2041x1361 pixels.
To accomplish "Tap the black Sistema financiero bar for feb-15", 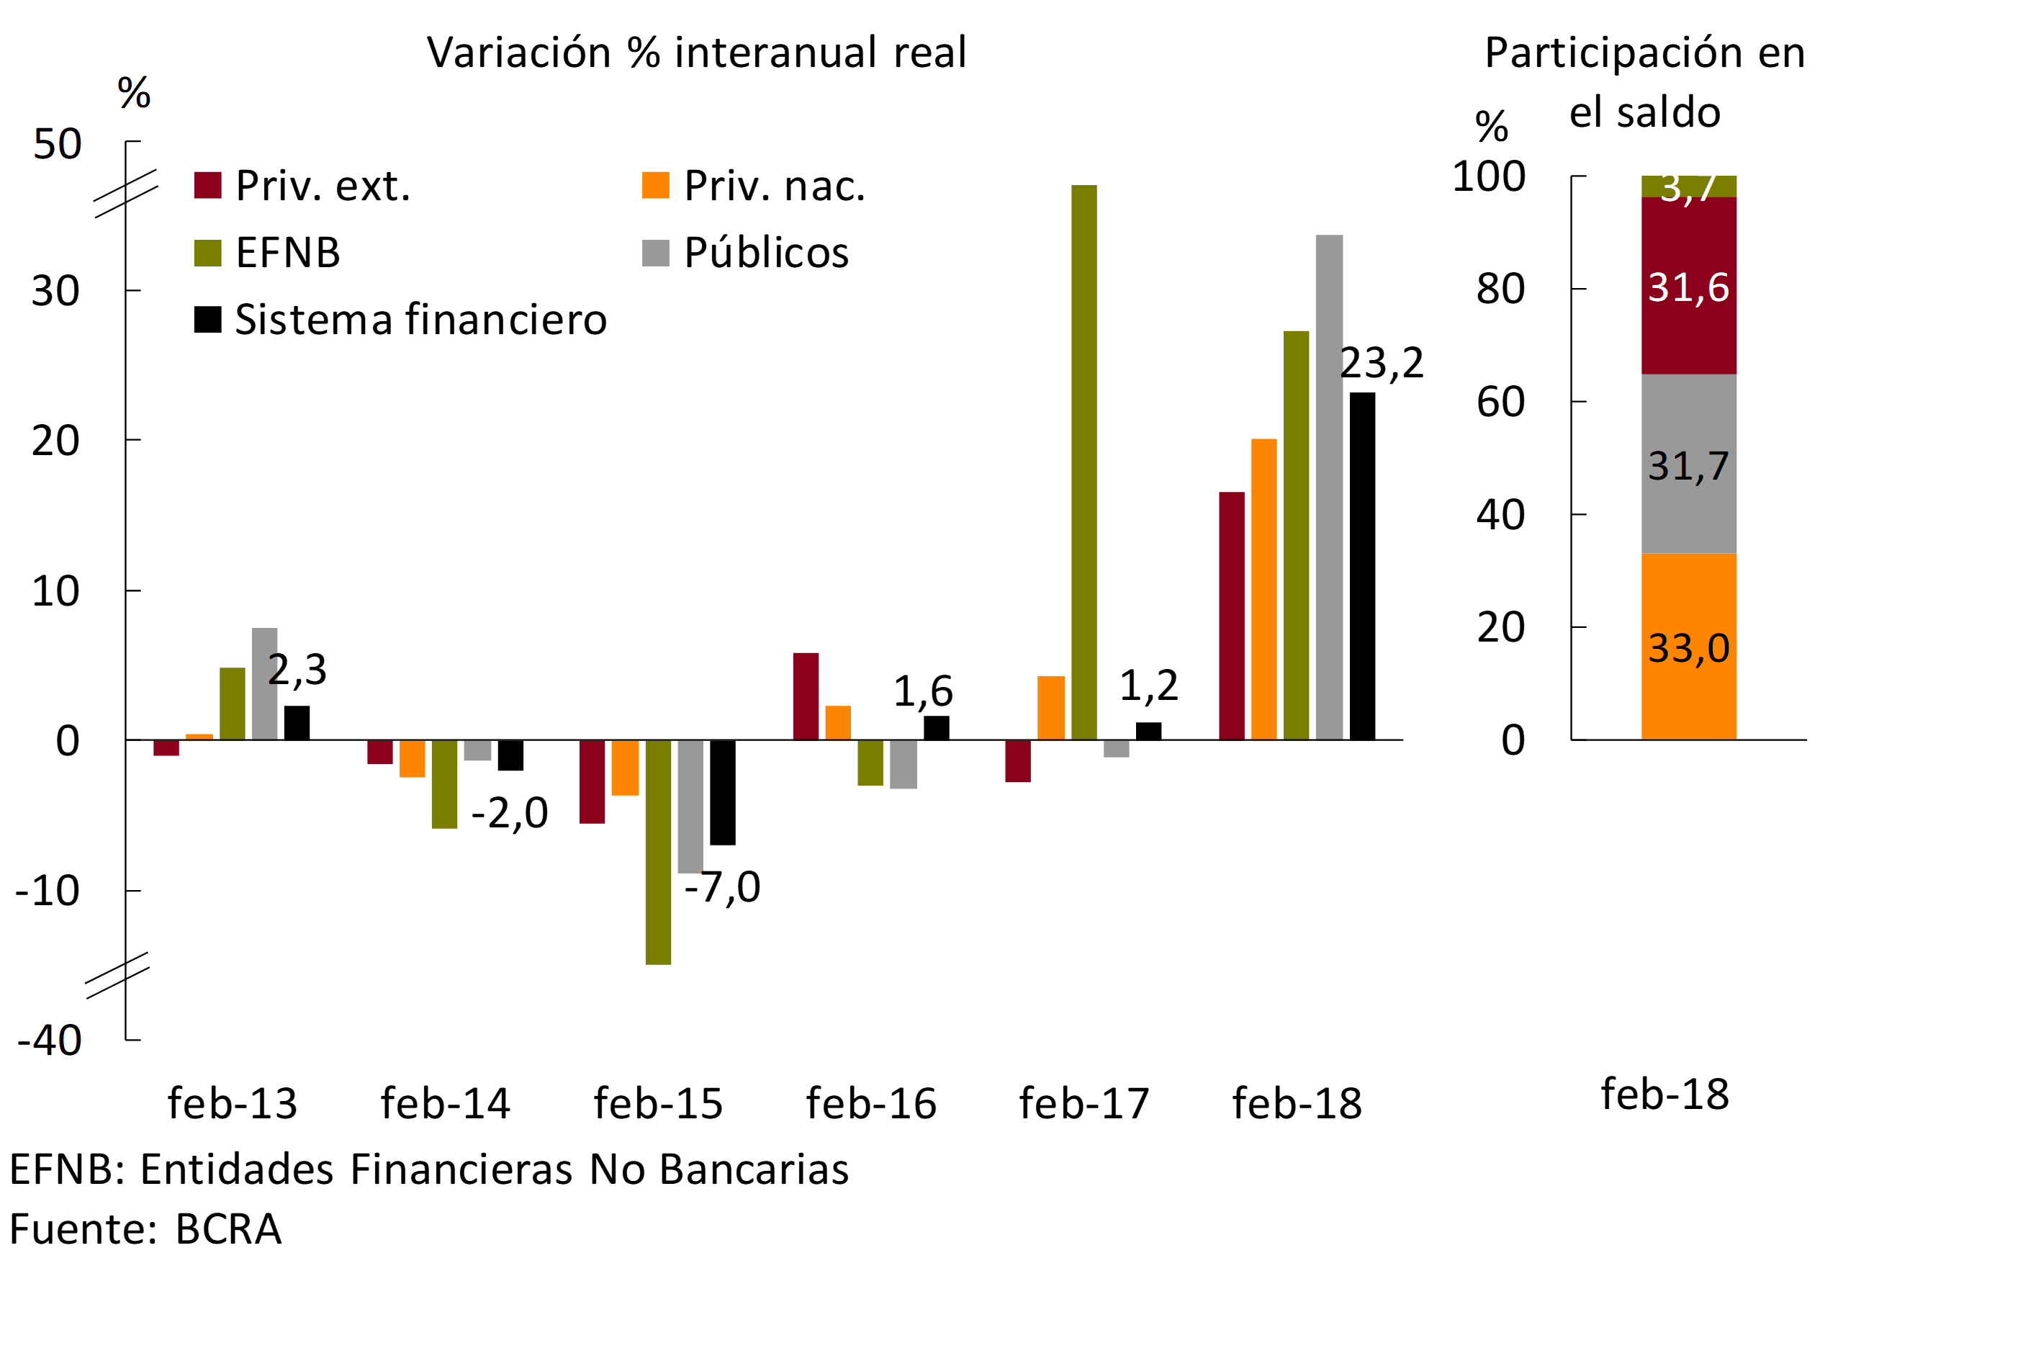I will click(722, 791).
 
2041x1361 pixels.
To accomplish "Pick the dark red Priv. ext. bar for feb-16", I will click(806, 696).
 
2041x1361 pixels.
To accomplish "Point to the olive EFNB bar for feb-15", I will click(658, 851).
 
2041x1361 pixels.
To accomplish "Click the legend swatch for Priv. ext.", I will click(207, 186).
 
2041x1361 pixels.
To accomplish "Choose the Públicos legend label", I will click(766, 253).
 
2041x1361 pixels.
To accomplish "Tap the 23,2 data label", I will click(1382, 363).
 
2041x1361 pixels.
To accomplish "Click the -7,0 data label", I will click(722, 887).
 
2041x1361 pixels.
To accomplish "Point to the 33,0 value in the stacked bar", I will click(1689, 648).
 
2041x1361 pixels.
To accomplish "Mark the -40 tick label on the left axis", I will click(50, 1040).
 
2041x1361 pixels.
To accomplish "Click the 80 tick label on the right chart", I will click(1500, 289).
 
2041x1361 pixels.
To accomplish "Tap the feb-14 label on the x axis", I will click(445, 1104).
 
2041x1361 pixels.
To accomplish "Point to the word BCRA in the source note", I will click(228, 1229).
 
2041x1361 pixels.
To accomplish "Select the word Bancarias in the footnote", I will click(753, 1169).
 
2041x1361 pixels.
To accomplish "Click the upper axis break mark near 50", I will click(126, 193).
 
